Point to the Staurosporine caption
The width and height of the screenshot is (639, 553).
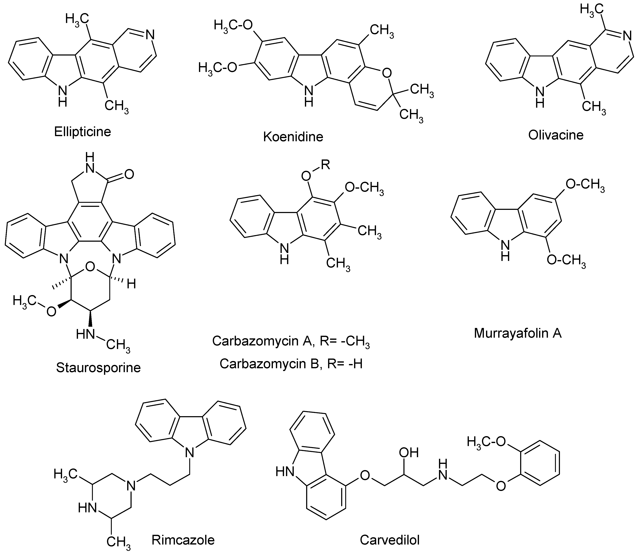pyautogui.click(x=98, y=368)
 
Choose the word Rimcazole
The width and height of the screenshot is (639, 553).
pyautogui.click(x=183, y=540)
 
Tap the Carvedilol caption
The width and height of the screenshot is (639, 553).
pyautogui.click(x=390, y=540)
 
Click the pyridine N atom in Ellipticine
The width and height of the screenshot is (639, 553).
pyautogui.click(x=150, y=35)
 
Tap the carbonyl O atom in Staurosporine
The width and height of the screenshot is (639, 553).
pyautogui.click(x=129, y=174)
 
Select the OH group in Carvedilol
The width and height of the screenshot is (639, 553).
pyautogui.click(x=409, y=453)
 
